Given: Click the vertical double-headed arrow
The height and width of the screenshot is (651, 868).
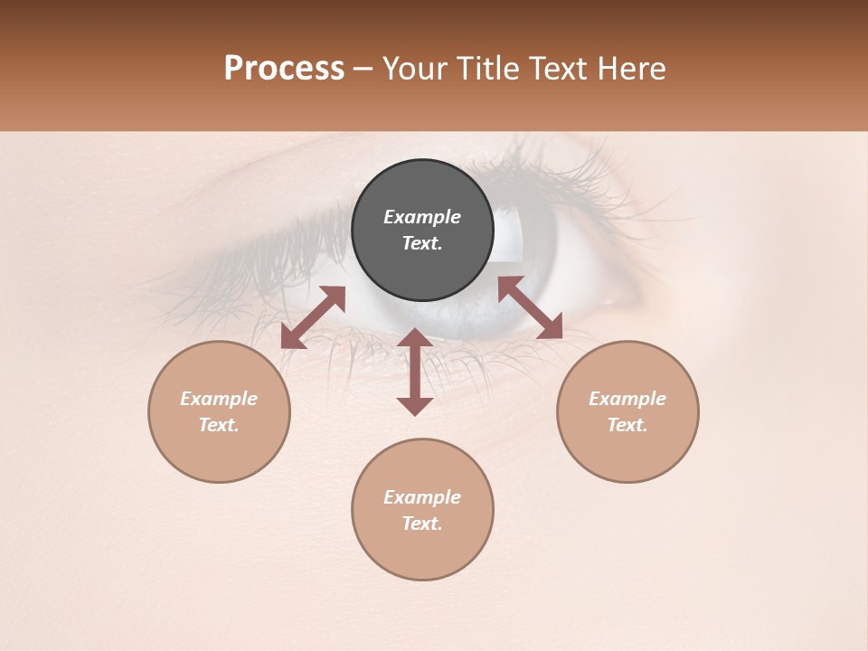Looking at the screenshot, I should [x=415, y=372].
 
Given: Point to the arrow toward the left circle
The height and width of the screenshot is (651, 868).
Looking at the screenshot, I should [x=313, y=317].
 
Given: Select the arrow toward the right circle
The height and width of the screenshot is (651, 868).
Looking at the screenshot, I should [x=530, y=307].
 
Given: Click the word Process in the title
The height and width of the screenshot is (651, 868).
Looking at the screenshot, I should [x=284, y=69].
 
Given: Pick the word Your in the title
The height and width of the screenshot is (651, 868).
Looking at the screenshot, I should [x=418, y=69].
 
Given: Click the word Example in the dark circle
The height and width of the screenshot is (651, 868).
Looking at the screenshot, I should [x=422, y=217].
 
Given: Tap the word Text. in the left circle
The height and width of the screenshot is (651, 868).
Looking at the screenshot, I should [x=219, y=425].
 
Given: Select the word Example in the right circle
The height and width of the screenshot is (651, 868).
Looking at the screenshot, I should [x=627, y=399].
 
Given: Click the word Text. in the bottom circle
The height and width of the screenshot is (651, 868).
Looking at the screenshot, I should [x=422, y=524].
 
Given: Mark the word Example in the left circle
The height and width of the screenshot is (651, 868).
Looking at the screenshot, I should [x=219, y=399].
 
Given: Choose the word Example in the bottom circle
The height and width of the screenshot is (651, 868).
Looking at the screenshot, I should [x=422, y=497].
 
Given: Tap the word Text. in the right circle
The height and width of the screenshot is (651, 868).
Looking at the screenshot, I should [x=627, y=425].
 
